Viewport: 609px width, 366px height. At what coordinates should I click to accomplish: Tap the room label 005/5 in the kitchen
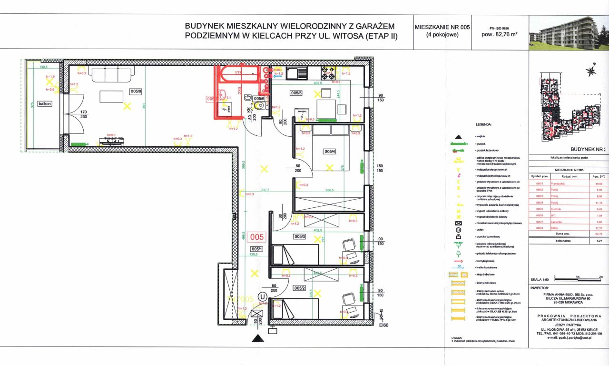(x=297, y=93)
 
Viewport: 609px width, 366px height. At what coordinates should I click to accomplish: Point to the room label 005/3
(x=300, y=237)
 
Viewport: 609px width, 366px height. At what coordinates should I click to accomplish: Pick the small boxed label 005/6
(x=259, y=99)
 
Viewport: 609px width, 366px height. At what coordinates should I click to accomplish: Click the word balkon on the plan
(x=45, y=103)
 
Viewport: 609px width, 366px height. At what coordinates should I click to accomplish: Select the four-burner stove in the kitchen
(x=328, y=73)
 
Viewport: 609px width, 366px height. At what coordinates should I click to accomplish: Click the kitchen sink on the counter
(x=290, y=73)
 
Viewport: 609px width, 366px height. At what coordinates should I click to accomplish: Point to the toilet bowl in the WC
(x=259, y=106)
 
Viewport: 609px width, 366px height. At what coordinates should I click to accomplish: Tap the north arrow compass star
(x=591, y=71)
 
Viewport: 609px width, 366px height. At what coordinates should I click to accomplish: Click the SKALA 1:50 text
(x=540, y=279)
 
